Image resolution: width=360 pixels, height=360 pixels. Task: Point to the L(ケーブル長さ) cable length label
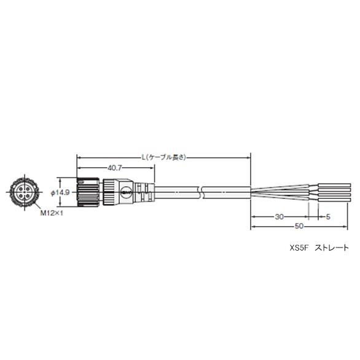(x=163, y=157)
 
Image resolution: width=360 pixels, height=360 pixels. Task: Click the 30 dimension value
(x=279, y=216)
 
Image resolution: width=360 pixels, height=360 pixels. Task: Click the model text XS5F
(x=297, y=248)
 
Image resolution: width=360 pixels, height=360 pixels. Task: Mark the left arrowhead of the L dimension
(x=78, y=157)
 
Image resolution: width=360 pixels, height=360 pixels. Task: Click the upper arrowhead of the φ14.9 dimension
(x=60, y=180)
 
